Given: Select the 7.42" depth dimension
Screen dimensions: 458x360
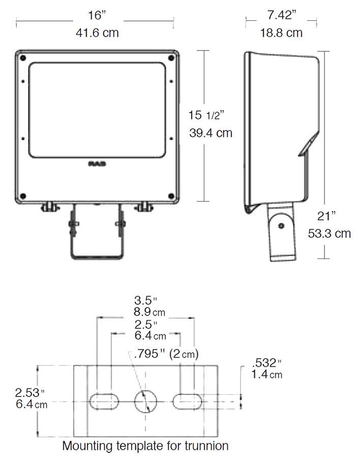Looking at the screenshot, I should click(x=281, y=15).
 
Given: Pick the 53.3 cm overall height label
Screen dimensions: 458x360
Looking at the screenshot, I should click(x=329, y=234).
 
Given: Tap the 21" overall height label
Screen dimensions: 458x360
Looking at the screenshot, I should click(x=327, y=216).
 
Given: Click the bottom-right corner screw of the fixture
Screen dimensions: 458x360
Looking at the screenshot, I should click(x=171, y=196).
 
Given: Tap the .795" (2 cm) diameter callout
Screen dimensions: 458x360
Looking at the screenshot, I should click(x=165, y=353).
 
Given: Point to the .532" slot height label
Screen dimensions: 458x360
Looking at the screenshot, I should click(x=266, y=363).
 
